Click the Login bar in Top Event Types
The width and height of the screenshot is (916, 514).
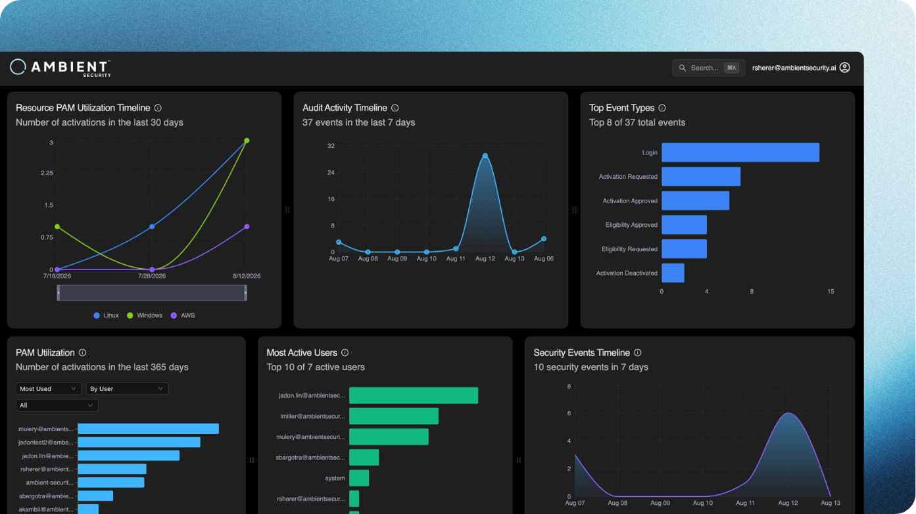tap(740, 152)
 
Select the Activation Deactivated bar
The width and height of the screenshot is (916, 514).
tap(673, 273)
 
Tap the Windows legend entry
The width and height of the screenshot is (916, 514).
tap(145, 315)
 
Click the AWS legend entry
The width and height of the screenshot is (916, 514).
tap(183, 315)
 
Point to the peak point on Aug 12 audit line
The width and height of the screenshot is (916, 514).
tap(485, 156)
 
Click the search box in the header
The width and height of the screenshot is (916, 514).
tap(709, 68)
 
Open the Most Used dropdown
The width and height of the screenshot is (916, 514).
tap(48, 388)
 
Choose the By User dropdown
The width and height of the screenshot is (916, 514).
tap(127, 388)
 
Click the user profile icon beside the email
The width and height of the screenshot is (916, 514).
tap(845, 68)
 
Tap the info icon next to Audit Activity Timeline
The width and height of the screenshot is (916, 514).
tap(395, 108)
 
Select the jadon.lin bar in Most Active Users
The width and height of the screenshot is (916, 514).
tap(414, 396)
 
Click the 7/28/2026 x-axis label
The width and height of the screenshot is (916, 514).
tap(152, 276)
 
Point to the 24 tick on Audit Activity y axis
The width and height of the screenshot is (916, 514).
tap(331, 173)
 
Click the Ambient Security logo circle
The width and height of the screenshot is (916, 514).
tap(18, 66)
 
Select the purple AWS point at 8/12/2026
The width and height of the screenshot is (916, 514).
tap(247, 227)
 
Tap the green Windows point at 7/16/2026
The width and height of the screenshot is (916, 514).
tap(57, 227)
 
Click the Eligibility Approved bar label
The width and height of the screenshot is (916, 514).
tap(631, 225)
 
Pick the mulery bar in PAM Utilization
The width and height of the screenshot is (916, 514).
tap(148, 429)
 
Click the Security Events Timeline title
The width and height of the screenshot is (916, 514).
tap(581, 352)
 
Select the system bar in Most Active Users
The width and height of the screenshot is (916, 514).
tap(359, 478)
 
